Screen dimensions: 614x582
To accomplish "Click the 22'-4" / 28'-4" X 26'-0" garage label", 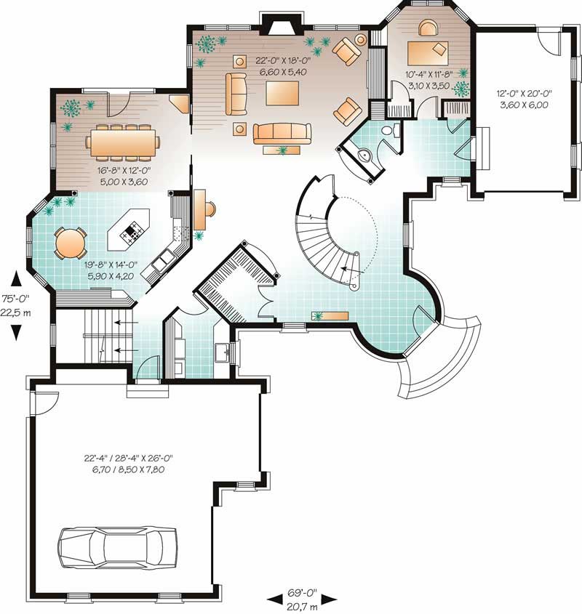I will point(127,462).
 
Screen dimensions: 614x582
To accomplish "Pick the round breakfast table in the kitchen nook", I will point(71,242).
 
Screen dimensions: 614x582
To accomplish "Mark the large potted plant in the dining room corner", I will point(71,108).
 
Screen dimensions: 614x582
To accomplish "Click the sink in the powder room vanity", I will point(367,155).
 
